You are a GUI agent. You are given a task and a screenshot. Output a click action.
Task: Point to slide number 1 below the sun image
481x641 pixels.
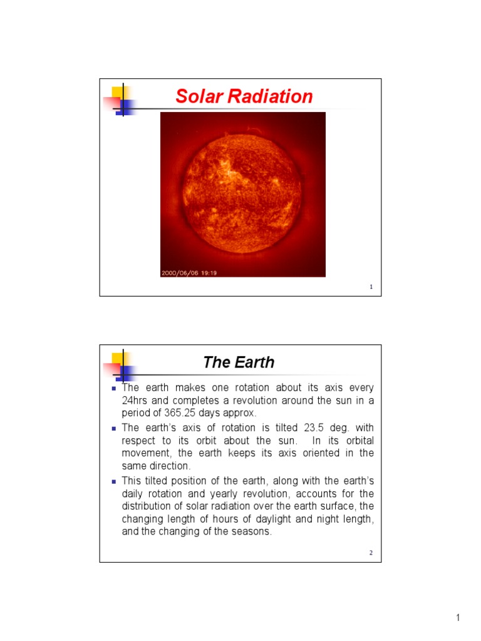[x=371, y=287]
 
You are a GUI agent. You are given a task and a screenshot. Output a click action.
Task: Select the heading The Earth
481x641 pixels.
[x=239, y=362]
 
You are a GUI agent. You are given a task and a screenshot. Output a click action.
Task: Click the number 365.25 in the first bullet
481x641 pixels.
[x=180, y=413]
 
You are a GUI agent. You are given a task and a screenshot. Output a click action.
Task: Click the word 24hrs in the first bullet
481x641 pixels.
[x=136, y=401]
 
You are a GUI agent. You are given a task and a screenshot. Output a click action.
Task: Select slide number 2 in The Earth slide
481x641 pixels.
[x=371, y=553]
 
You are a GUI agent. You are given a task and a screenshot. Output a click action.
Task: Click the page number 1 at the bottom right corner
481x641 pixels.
[x=458, y=618]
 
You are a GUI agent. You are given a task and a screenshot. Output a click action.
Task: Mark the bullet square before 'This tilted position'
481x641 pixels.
[x=114, y=481]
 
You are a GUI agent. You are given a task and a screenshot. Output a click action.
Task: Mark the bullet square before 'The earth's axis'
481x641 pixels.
[x=114, y=429]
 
